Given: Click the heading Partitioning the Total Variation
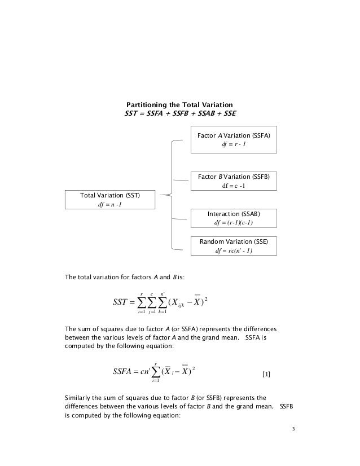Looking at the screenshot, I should (x=179, y=105).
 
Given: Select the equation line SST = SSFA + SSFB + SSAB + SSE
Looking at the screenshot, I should (x=180, y=113).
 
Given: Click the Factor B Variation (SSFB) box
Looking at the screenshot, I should (x=234, y=181).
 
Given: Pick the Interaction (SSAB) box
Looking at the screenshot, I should (x=234, y=218).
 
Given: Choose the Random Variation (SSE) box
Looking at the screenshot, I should (x=234, y=246).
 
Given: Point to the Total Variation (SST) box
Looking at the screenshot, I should (x=110, y=200).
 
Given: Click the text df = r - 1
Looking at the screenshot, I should (x=234, y=145).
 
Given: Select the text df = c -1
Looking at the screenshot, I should (x=234, y=187).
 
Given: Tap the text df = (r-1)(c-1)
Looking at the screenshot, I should (x=234, y=223).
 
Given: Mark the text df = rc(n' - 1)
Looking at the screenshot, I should (x=234, y=251).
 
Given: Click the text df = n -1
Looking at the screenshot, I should (x=110, y=205).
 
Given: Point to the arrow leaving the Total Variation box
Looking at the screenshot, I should (x=164, y=195).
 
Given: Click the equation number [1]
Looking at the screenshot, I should (x=267, y=375).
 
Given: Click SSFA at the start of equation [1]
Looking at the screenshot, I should (x=126, y=372).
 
